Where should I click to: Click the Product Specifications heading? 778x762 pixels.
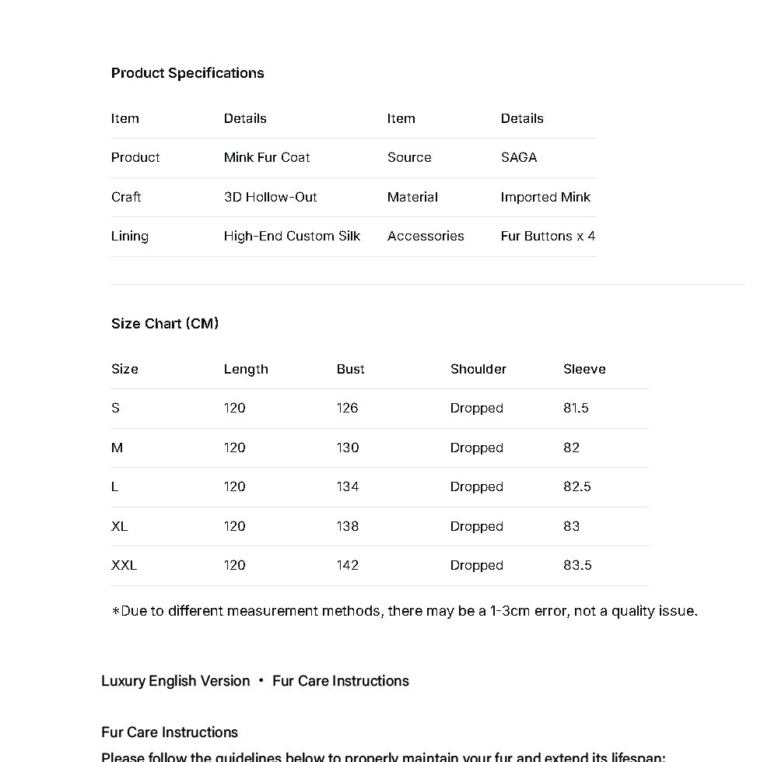[187, 73]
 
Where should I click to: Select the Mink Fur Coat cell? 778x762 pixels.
[267, 157]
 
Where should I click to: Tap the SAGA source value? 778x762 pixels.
[519, 157]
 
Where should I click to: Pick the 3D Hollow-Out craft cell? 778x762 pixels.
[271, 197]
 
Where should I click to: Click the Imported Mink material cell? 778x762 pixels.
[545, 197]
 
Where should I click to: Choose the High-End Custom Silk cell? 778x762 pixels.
[292, 236]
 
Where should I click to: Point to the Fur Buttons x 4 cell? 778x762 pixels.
[548, 236]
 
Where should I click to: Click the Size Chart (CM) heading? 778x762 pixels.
[165, 324]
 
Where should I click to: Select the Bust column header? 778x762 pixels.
[351, 369]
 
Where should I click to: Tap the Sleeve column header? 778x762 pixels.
[584, 369]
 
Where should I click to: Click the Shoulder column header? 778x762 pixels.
[478, 369]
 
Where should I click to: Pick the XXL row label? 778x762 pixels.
[124, 565]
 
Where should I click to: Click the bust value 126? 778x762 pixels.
[348, 408]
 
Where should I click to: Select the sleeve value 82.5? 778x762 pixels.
[577, 486]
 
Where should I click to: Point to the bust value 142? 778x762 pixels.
[348, 565]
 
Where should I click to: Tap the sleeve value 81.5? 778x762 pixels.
[576, 408]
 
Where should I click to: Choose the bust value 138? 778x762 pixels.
[348, 526]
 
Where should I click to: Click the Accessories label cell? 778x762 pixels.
[426, 236]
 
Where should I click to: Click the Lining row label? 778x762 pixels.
[130, 236]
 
